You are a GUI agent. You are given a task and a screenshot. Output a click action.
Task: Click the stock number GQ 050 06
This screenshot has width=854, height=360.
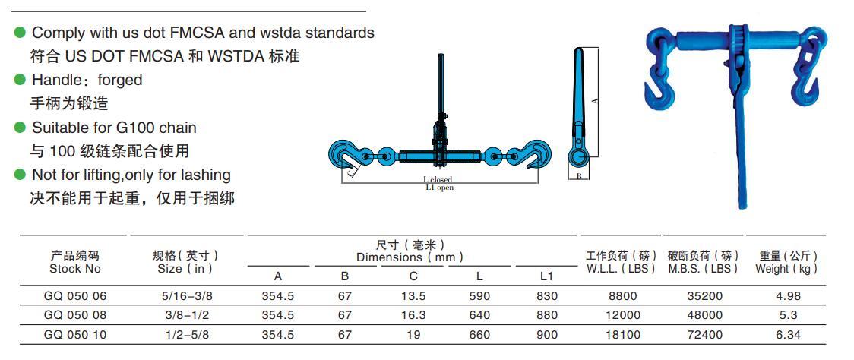point(74,295)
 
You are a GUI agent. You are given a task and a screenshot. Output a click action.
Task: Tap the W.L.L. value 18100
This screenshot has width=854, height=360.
point(622,334)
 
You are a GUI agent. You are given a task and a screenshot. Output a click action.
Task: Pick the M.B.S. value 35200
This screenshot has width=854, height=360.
point(704,295)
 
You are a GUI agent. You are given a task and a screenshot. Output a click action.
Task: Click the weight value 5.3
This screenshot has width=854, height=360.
point(787,314)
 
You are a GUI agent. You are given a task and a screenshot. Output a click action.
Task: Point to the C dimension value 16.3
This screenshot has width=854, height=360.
point(413,314)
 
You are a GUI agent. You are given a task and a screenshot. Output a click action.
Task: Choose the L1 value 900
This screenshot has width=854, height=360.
point(546,334)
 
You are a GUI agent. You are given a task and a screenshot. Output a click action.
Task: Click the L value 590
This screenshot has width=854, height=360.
point(479,295)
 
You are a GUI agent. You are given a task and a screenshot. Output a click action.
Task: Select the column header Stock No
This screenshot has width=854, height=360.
point(74,268)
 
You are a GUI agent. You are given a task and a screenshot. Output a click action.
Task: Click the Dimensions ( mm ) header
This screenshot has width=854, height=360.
point(410,257)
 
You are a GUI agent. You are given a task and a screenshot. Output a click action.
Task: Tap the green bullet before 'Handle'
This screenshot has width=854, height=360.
point(21,80)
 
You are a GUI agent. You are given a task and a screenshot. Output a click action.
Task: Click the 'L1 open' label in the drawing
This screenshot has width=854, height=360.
point(439,188)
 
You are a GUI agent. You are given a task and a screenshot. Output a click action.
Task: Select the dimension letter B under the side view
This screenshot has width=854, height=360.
point(579,176)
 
